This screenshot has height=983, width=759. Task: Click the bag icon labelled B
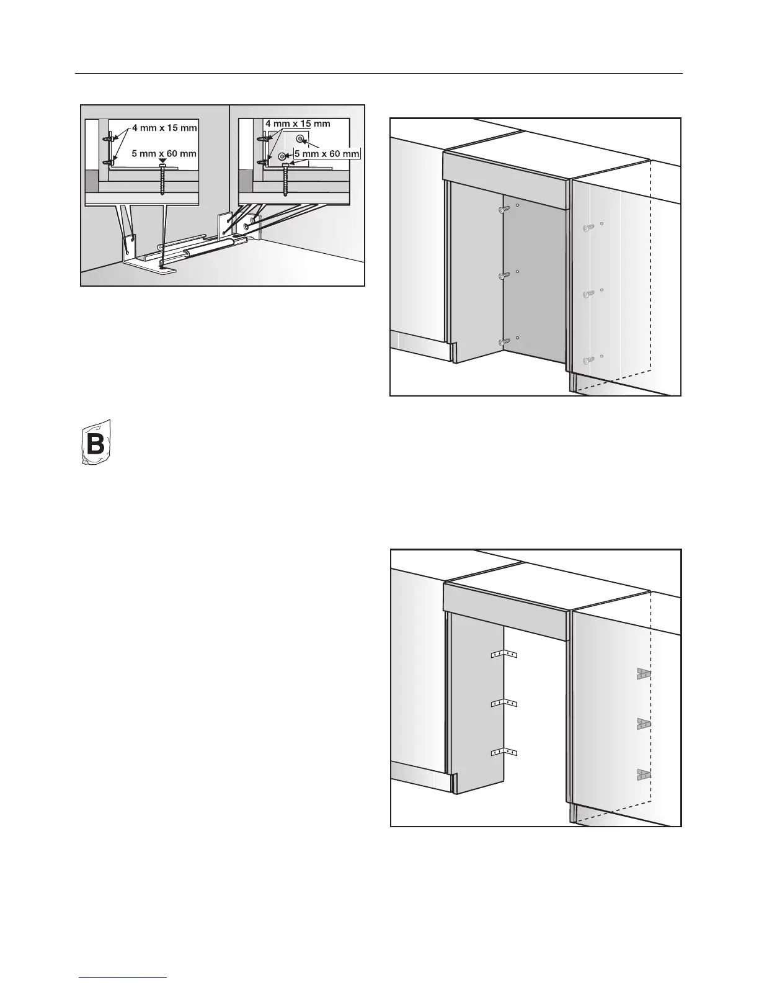pyautogui.click(x=97, y=442)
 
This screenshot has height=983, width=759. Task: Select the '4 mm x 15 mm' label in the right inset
pyautogui.click(x=298, y=124)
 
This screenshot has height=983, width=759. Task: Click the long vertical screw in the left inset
pyautogui.click(x=162, y=180)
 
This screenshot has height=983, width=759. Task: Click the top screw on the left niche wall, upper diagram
pyautogui.click(x=505, y=210)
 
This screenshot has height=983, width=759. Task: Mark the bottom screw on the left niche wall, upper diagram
pyautogui.click(x=505, y=341)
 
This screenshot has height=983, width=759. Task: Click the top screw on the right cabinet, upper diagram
pyautogui.click(x=588, y=228)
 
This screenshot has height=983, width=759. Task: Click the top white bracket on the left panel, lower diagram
pyautogui.click(x=504, y=654)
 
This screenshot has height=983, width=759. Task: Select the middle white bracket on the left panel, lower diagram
pyautogui.click(x=504, y=703)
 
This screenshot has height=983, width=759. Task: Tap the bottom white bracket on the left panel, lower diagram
pyautogui.click(x=504, y=753)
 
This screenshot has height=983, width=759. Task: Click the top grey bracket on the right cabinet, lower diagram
pyautogui.click(x=643, y=674)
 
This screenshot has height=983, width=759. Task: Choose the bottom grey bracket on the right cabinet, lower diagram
pyautogui.click(x=643, y=774)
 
